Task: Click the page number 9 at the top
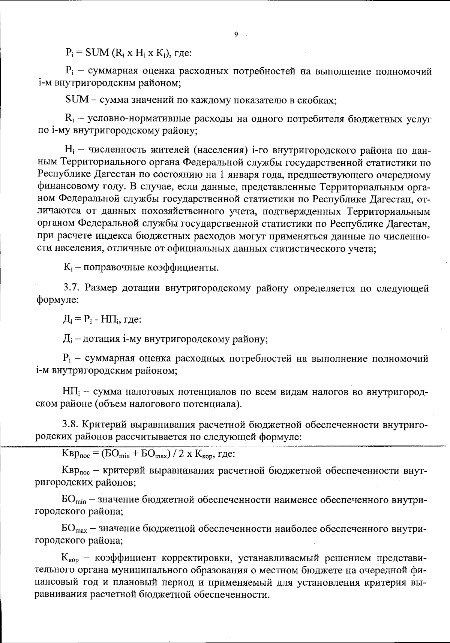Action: click(236, 34)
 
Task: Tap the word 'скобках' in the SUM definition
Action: click(316, 100)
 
